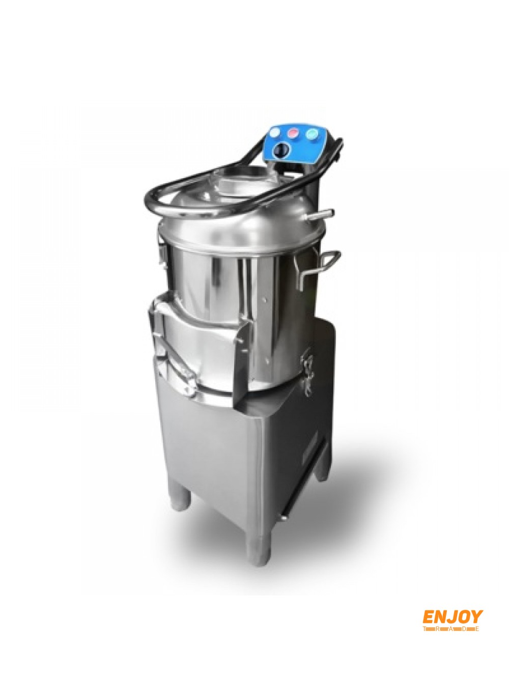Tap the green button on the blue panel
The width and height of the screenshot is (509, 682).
coord(311,134)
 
